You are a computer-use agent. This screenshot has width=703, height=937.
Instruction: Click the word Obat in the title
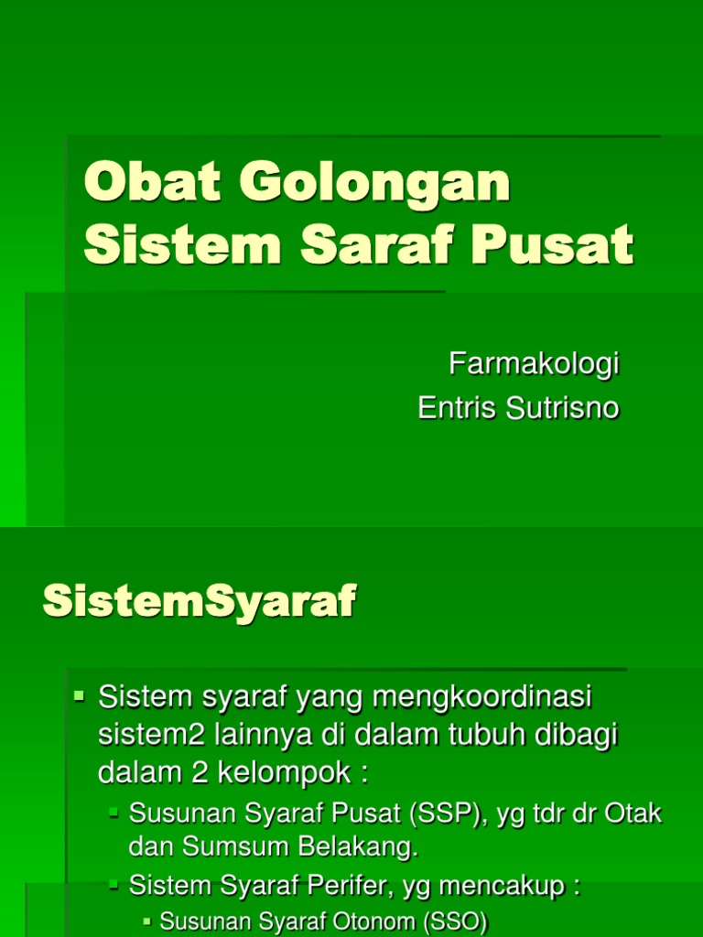[153, 182]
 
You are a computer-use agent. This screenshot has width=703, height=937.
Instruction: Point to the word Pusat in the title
[552, 244]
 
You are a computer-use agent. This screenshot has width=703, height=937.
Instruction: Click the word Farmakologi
[534, 364]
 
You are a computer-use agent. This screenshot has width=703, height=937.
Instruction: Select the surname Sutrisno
[563, 408]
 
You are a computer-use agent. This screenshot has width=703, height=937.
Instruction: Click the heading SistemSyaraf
[200, 601]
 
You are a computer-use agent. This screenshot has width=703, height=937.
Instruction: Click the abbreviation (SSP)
[446, 813]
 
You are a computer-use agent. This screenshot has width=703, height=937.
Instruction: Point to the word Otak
[633, 813]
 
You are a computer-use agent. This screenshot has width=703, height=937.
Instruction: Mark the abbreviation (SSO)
[456, 921]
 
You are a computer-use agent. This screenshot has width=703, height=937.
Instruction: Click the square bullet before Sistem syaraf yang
[79, 695]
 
